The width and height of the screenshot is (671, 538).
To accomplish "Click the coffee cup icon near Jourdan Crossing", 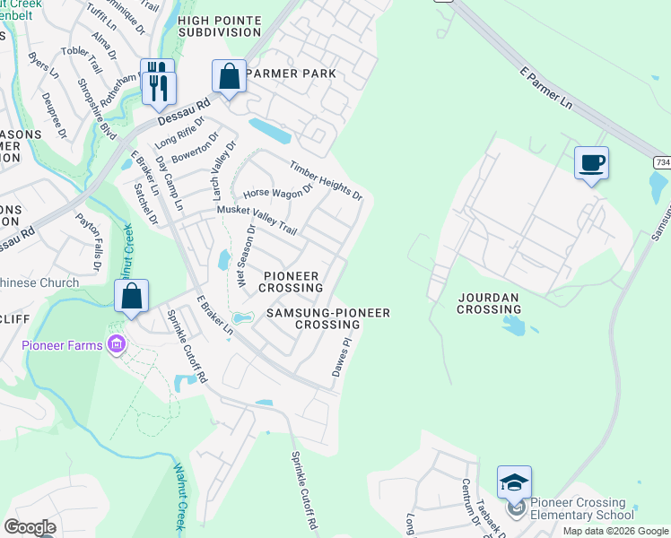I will pyautogui.click(x=591, y=163).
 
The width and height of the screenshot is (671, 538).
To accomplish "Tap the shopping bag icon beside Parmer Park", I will pyautogui.click(x=230, y=76).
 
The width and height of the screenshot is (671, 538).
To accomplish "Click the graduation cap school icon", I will pyautogui.click(x=515, y=482).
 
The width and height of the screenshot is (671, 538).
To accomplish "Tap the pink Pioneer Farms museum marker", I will pyautogui.click(x=116, y=344).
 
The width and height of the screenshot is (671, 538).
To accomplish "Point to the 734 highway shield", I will pyautogui.click(x=661, y=161).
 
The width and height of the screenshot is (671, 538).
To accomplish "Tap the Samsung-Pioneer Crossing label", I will pyautogui.click(x=327, y=318).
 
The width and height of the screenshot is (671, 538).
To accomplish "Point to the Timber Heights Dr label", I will pyautogui.click(x=326, y=180).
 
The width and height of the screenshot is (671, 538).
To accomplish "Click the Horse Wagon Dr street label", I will pyautogui.click(x=277, y=191).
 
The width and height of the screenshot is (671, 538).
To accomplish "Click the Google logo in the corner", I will pyautogui.click(x=30, y=526).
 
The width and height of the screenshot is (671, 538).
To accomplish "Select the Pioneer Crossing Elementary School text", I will pyautogui.click(x=581, y=508).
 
